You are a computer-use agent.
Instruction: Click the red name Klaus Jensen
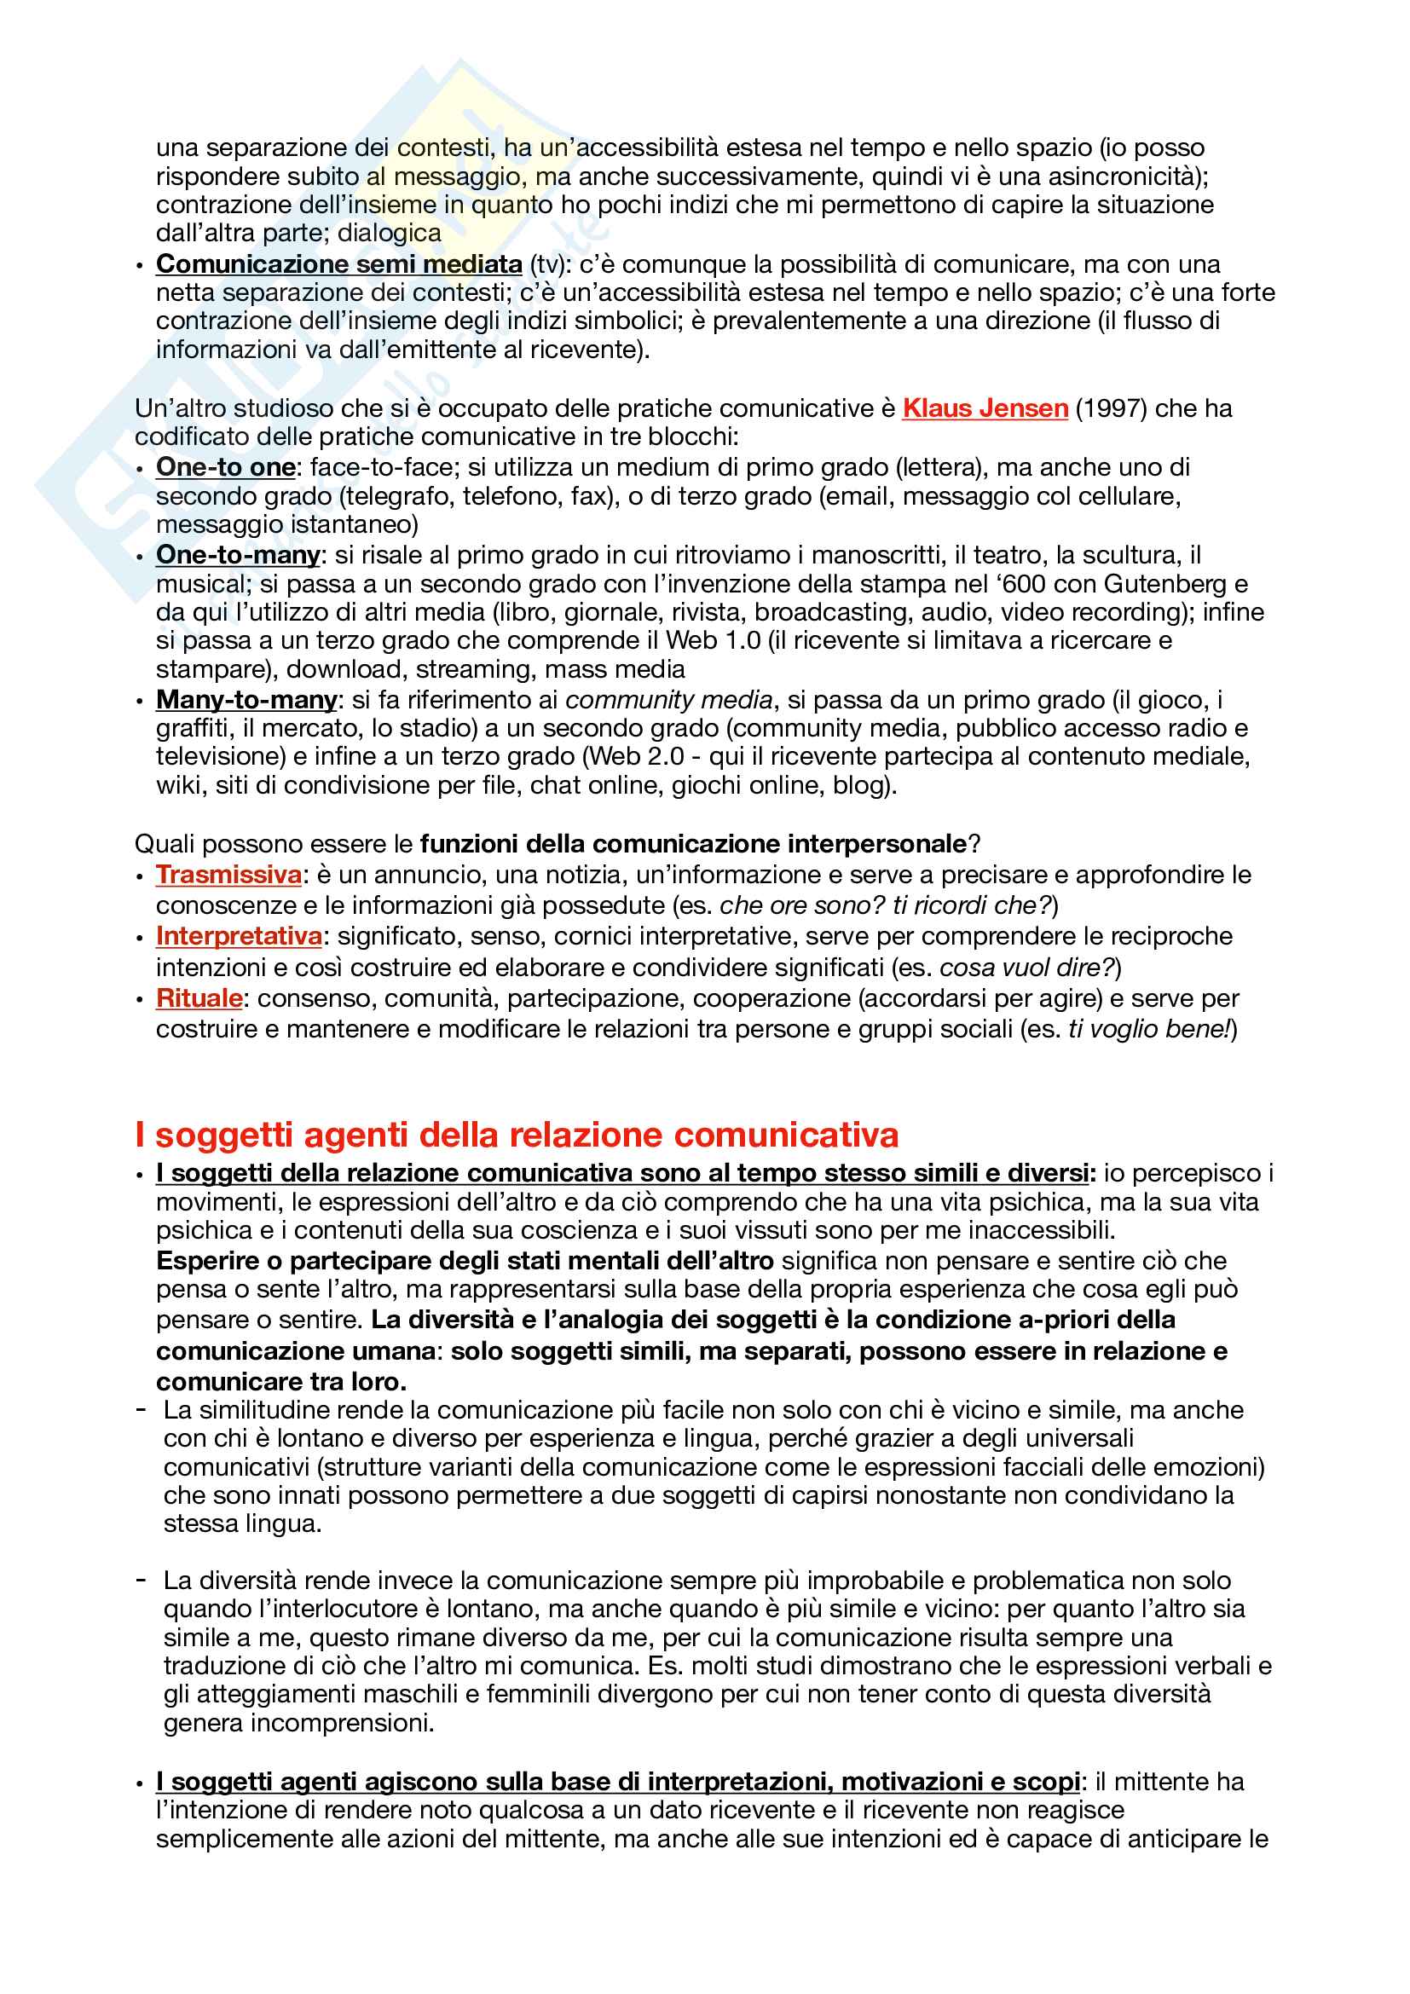pos(985,408)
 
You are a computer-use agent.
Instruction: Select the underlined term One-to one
pos(226,467)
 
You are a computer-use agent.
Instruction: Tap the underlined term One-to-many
pos(238,555)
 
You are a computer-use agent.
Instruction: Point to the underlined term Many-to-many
pos(246,700)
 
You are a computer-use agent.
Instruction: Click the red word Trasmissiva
pos(228,875)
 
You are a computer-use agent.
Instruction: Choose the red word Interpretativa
pos(239,936)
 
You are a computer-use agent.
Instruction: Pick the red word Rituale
pos(199,999)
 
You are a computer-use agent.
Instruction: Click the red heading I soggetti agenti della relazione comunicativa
pos(517,1135)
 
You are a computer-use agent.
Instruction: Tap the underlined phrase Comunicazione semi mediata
pos(338,264)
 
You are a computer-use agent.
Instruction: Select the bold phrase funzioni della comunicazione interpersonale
pos(693,844)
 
